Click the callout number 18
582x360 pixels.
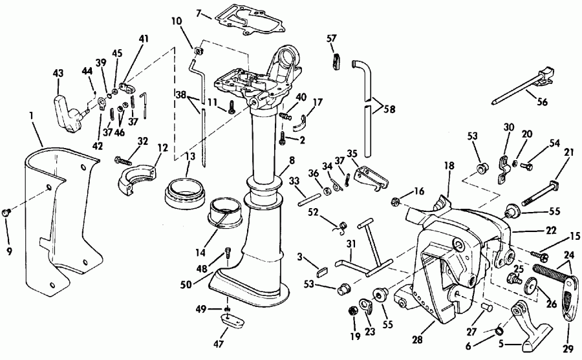coord(449,165)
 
